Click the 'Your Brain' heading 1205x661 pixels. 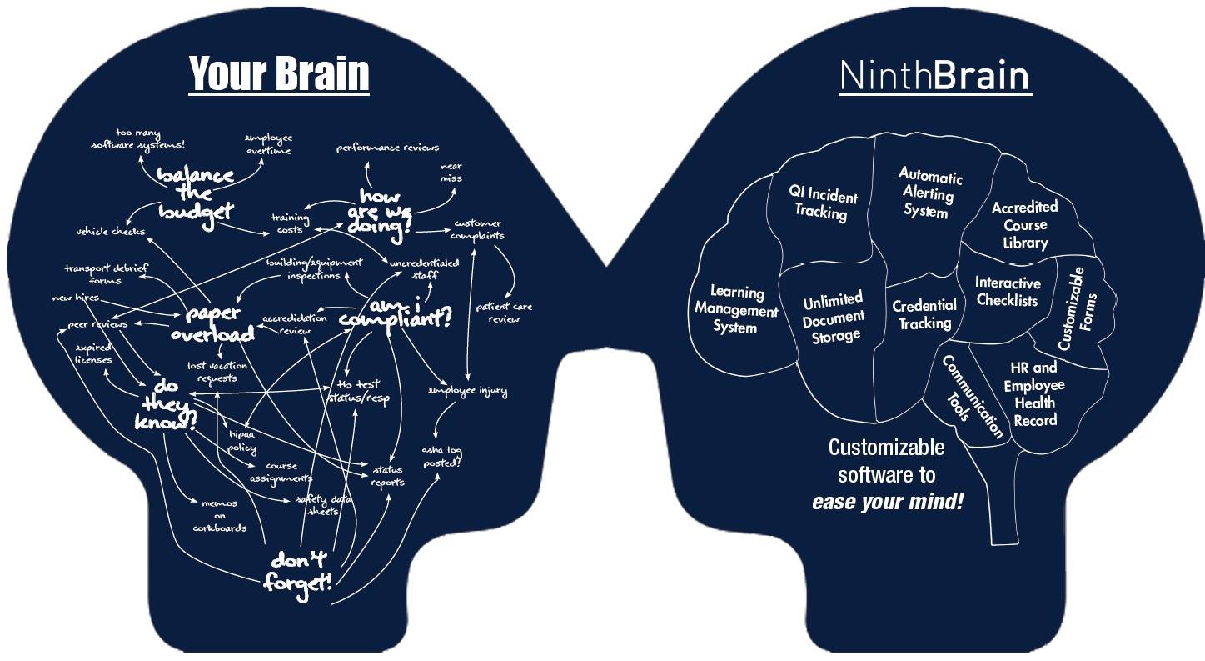279,73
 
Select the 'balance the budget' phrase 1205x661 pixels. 197,193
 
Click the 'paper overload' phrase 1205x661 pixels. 213,323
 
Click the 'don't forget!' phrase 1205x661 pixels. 298,571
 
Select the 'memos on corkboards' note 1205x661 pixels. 219,515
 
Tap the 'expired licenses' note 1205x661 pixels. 93,353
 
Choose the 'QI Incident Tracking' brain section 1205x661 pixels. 824,203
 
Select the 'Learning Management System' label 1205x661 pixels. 735,309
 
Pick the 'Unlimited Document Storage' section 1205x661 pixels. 834,317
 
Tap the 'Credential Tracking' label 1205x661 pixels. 924,314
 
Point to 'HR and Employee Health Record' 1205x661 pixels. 1034,393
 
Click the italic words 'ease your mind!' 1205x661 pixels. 888,503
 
